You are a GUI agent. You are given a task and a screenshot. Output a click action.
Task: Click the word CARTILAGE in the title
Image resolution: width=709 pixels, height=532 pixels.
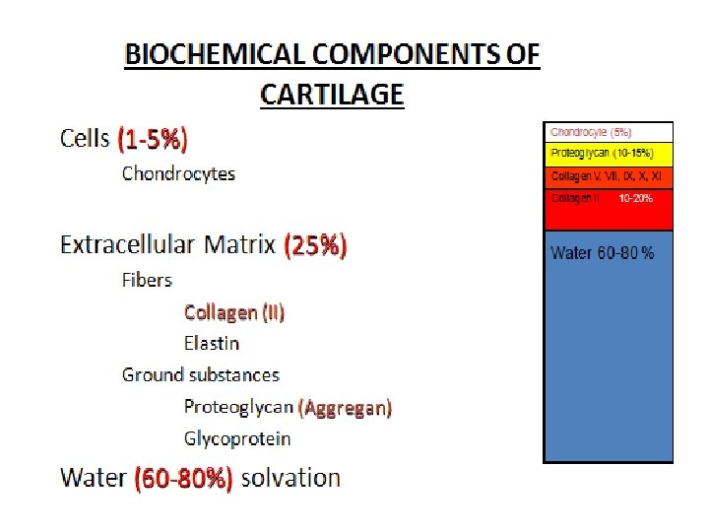(332, 95)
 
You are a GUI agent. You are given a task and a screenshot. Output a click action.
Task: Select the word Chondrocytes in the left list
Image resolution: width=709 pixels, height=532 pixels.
(178, 174)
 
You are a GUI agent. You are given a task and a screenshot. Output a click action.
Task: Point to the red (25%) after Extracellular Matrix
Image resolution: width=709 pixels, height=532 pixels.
(315, 244)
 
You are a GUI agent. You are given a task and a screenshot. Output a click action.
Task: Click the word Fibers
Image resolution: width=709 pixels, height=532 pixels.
(147, 280)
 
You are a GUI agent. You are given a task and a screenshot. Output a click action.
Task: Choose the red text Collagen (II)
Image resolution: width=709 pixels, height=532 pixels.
(234, 312)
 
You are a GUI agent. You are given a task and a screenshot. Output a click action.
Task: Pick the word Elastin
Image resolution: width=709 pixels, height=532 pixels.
(212, 344)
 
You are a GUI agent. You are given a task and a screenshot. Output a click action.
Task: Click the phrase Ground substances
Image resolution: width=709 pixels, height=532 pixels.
(201, 375)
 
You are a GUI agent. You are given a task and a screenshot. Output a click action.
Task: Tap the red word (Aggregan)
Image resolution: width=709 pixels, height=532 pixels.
(345, 407)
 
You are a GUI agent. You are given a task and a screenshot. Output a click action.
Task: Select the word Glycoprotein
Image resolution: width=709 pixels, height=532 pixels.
(237, 438)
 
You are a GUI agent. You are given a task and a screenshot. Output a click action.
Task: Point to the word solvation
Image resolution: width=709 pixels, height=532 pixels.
(290, 479)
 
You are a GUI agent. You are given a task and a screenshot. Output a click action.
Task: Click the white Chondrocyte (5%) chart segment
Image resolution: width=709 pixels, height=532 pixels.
(608, 132)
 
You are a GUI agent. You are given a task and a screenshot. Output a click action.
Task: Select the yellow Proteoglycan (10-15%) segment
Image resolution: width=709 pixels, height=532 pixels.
(608, 155)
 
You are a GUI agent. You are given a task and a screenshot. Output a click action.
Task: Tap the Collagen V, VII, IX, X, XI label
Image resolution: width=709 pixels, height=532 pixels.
(606, 176)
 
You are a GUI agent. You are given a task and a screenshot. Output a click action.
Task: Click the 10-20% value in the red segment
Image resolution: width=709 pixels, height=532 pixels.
(636, 198)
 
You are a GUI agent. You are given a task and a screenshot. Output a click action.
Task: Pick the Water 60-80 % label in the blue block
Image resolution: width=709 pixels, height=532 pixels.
(602, 254)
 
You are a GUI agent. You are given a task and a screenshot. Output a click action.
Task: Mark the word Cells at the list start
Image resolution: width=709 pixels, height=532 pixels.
(85, 139)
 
